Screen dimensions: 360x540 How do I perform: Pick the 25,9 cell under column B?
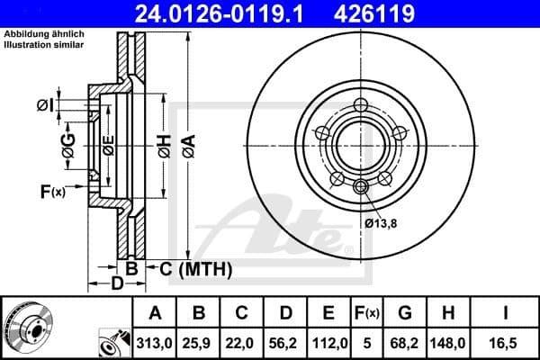(200, 342)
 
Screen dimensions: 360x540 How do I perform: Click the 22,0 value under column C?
(242, 342)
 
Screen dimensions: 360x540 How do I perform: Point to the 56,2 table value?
(286, 342)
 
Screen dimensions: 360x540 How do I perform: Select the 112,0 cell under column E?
(329, 342)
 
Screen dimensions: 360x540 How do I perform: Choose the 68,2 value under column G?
(406, 342)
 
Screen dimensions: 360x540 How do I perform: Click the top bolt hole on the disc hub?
(361, 105)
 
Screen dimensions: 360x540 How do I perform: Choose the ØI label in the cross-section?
(45, 106)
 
